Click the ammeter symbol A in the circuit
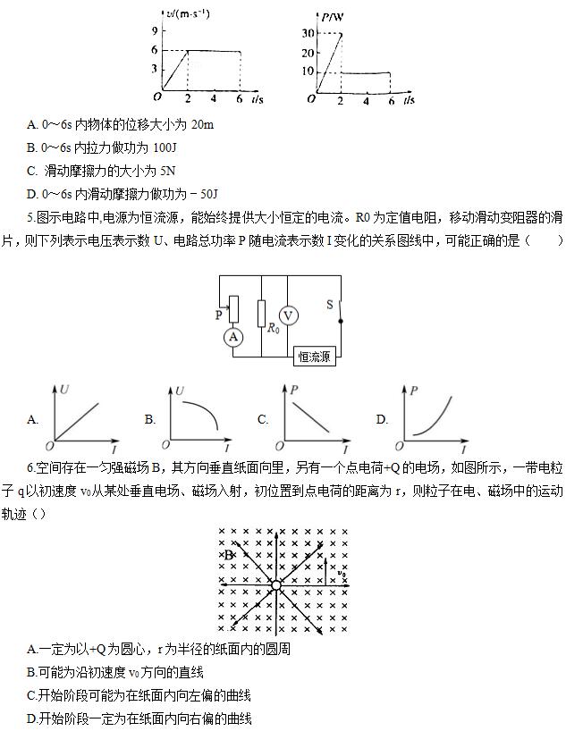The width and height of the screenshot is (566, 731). [x=234, y=336]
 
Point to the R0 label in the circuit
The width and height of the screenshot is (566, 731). [x=273, y=328]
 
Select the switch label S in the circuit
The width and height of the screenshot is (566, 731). [x=329, y=304]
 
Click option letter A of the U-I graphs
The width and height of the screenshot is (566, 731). [x=33, y=418]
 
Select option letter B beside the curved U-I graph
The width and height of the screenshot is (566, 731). [x=150, y=418]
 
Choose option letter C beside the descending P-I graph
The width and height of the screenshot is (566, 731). [x=263, y=418]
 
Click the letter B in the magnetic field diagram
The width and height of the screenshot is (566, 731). [x=229, y=556]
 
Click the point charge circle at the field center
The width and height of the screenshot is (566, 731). [x=276, y=585]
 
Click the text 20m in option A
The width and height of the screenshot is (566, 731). [x=203, y=124]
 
